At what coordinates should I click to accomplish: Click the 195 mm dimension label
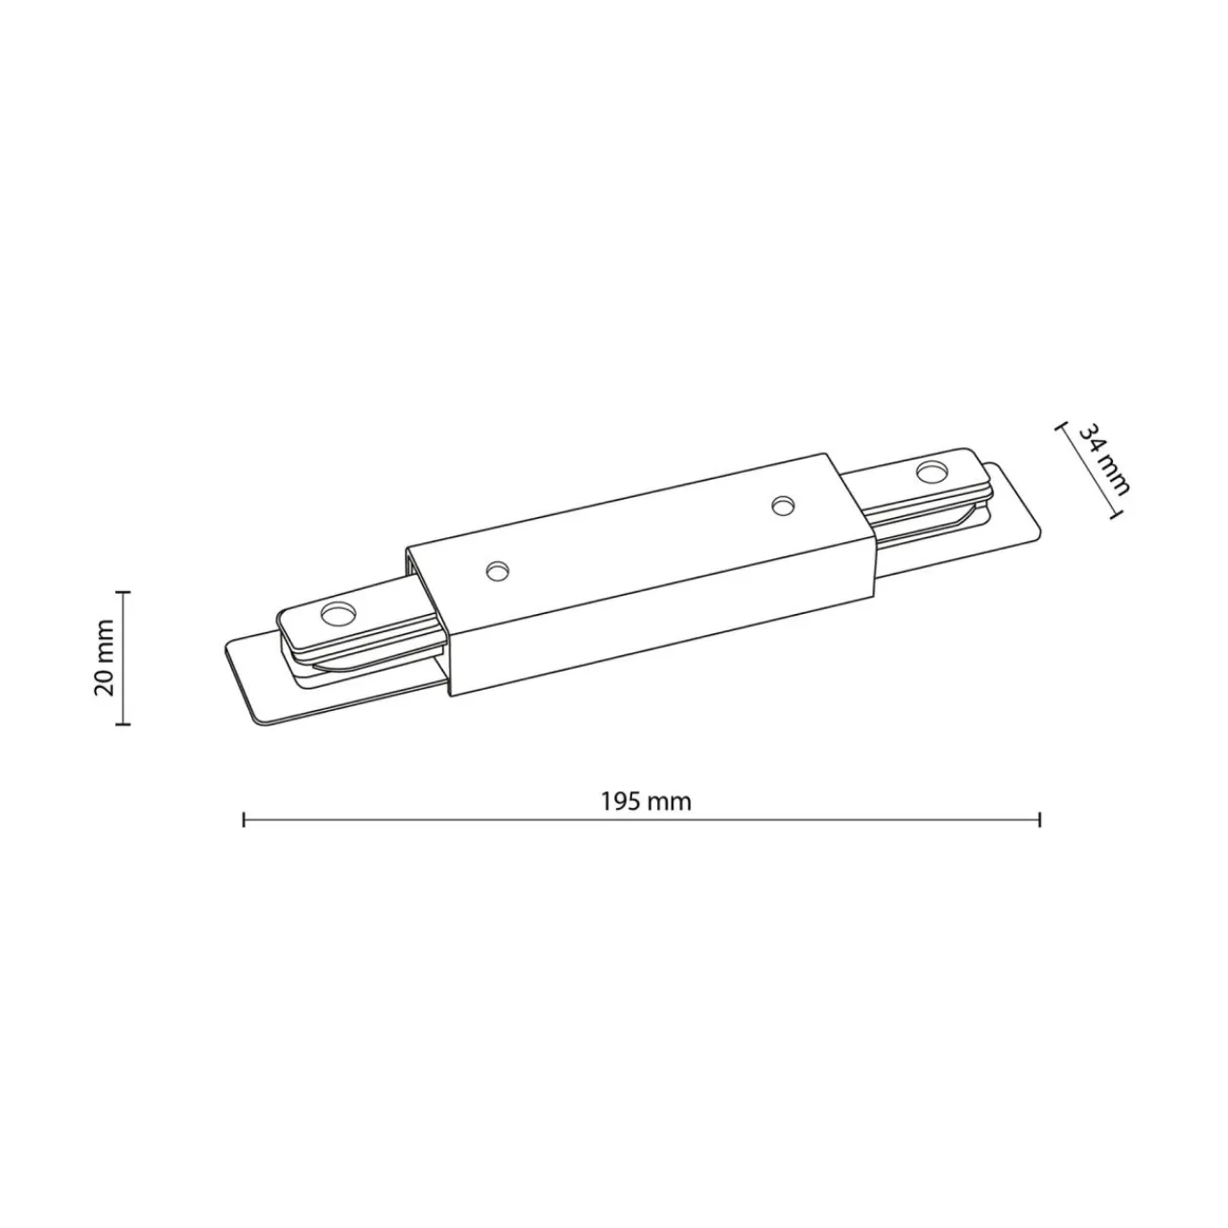coord(646,801)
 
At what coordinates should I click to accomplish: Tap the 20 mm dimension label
coord(104,657)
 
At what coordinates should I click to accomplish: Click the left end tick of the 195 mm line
coord(244,819)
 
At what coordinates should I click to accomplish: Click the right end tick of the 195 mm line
coord(1040,819)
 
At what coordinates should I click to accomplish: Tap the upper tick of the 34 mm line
coord(1061,428)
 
